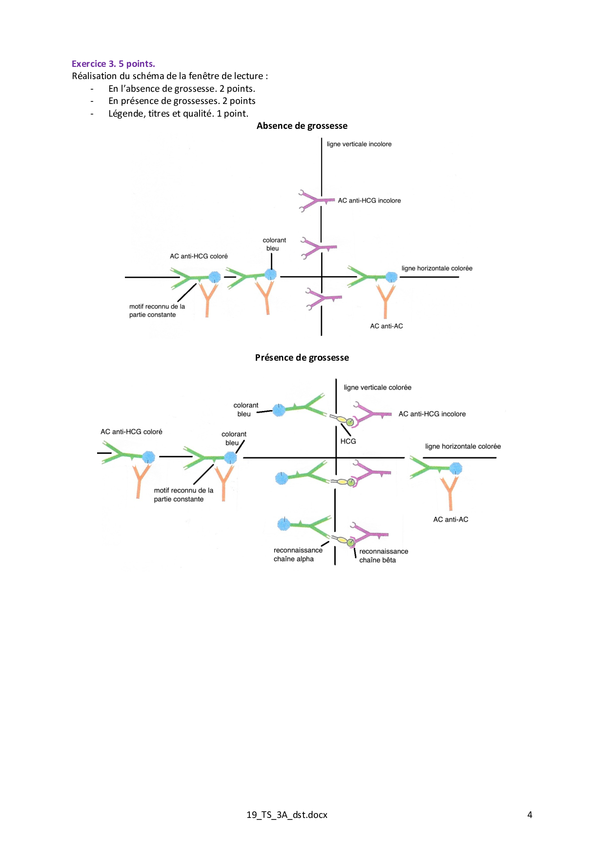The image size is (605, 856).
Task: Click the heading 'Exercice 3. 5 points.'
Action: (x=113, y=63)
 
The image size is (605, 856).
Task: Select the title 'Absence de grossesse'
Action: (x=302, y=126)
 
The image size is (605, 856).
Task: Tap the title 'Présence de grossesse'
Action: (x=302, y=358)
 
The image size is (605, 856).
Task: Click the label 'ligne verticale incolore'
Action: (x=359, y=144)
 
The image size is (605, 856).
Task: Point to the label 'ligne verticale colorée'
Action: (x=377, y=387)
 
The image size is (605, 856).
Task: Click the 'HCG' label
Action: (x=348, y=441)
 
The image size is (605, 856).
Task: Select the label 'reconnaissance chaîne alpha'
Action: (x=298, y=554)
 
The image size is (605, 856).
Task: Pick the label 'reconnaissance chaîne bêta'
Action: (x=383, y=556)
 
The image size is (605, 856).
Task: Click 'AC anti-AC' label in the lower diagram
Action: (x=450, y=519)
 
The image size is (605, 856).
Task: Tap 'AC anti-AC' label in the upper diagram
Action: (x=386, y=326)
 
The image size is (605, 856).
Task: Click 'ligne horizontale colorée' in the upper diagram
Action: (x=437, y=268)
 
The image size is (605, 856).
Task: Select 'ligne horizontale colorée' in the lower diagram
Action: (x=463, y=447)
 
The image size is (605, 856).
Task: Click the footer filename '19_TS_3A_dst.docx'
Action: (x=287, y=815)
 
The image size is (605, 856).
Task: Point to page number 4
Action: (x=529, y=815)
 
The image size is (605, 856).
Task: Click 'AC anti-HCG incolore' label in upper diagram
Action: (x=369, y=201)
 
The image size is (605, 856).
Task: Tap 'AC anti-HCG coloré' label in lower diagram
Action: (x=131, y=432)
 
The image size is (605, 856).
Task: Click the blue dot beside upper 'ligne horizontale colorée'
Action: (x=391, y=277)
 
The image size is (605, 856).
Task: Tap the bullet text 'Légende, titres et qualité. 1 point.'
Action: (x=178, y=114)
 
